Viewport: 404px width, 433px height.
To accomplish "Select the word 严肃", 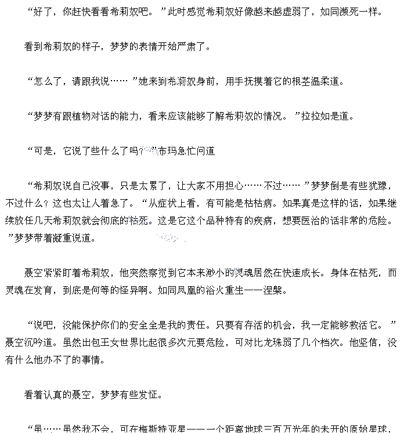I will pos(189,46).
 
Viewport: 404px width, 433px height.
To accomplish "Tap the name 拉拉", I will pos(311,116).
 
